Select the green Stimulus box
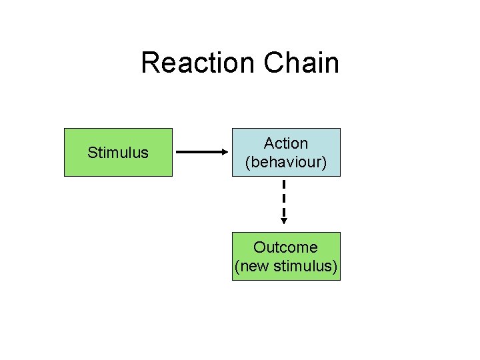[x=118, y=152]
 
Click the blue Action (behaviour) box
[x=286, y=152]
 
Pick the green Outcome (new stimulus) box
[x=286, y=256]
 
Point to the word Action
[x=286, y=143]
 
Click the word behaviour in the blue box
[x=286, y=162]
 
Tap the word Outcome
[x=285, y=247]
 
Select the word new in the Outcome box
[x=254, y=267]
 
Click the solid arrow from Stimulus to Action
[x=200, y=152]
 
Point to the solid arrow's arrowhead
[x=225, y=152]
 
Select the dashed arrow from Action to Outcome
[x=284, y=200]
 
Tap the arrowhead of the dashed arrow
[x=284, y=221]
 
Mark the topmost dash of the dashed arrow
[x=284, y=185]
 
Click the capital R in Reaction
[x=149, y=63]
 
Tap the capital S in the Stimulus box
[x=92, y=153]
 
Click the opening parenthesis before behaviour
[x=248, y=162]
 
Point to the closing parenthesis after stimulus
[x=335, y=267]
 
